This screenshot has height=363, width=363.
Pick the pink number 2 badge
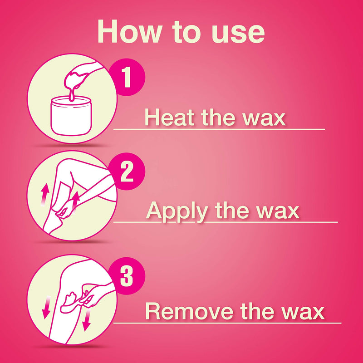[x=127, y=172]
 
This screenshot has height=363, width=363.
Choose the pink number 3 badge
[x=127, y=275]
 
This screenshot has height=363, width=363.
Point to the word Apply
[x=175, y=211]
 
